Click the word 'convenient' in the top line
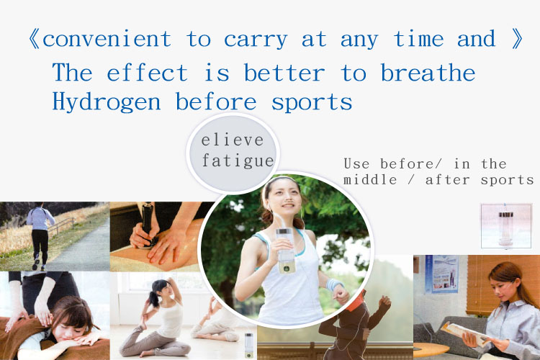pos(107,39)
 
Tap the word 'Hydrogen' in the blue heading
pos(107,102)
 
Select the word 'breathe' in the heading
pos(428,72)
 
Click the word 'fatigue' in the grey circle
pos(238,161)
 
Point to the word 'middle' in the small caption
pos(370,179)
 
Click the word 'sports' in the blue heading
pos(312,103)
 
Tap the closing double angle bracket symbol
pos(516,39)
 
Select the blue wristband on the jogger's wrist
pos(334,285)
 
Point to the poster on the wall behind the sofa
pos(442,274)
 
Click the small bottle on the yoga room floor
pos(248,345)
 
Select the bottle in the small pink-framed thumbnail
pos(505,228)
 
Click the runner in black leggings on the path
pos(40,235)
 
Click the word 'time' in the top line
pos(418,39)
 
